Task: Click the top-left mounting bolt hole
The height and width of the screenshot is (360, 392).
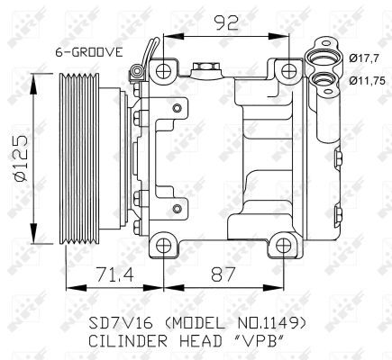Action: click(x=162, y=71)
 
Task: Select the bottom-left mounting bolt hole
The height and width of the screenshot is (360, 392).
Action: click(x=162, y=243)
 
